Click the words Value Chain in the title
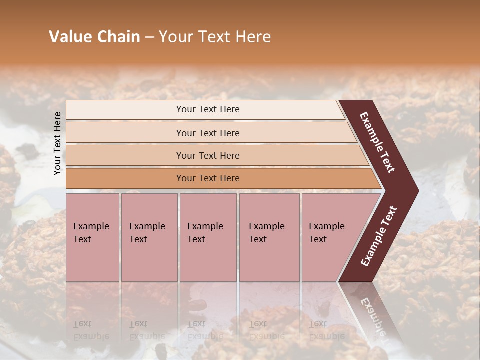94,37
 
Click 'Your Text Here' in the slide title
215,37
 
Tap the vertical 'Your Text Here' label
57,143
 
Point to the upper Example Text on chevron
377,142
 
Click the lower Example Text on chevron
379,236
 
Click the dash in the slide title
149,37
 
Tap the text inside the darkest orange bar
208,178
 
